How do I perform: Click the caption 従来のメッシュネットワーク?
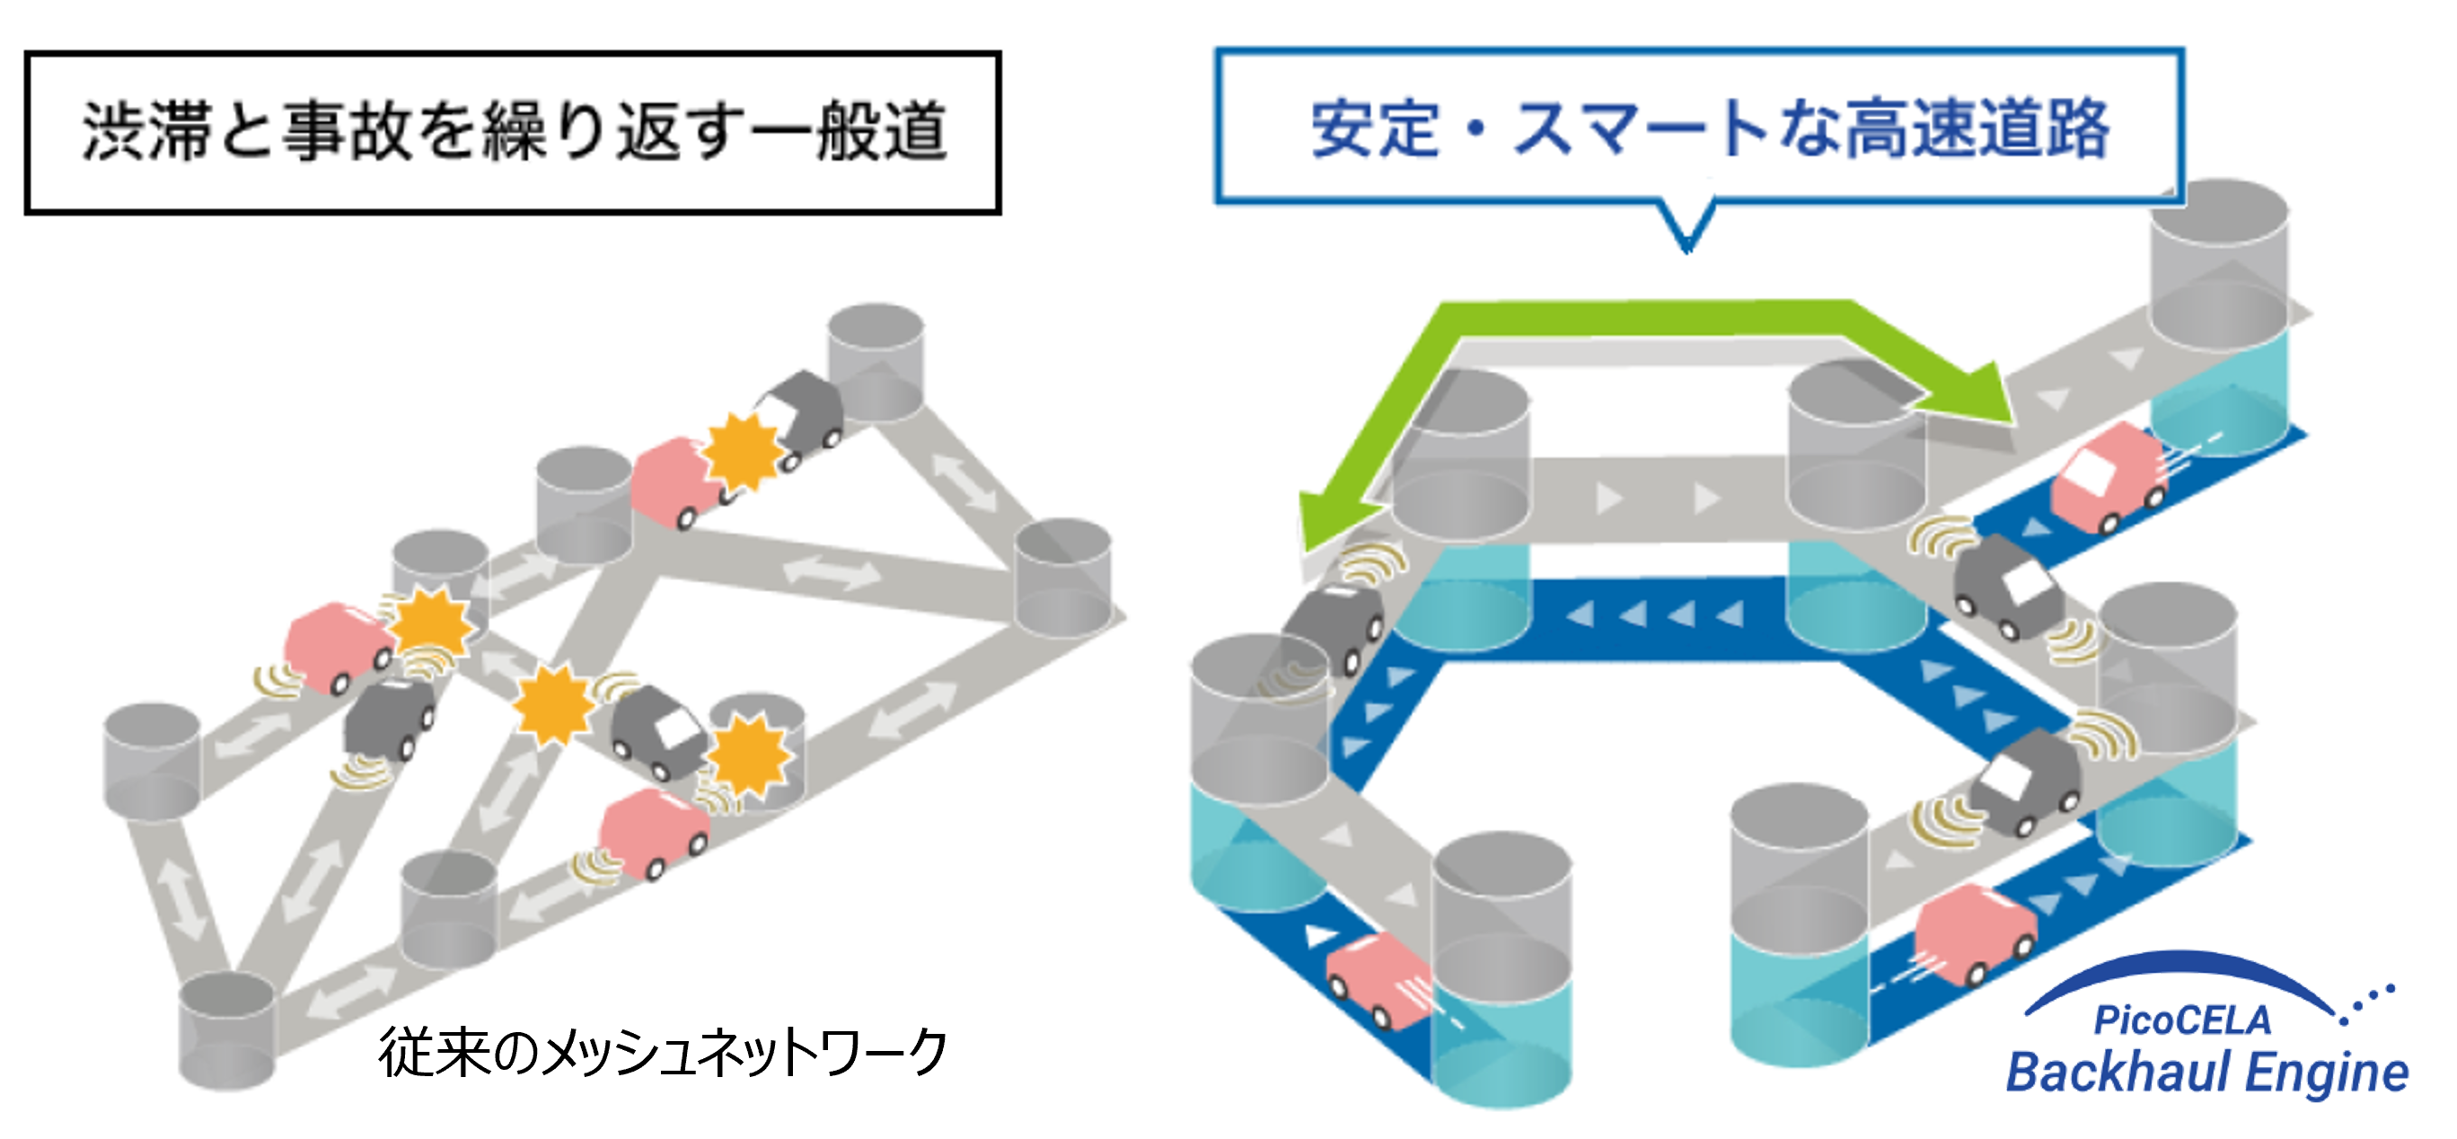(662, 1053)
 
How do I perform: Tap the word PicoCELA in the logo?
(2182, 1020)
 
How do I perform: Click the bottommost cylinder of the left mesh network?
(227, 1030)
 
